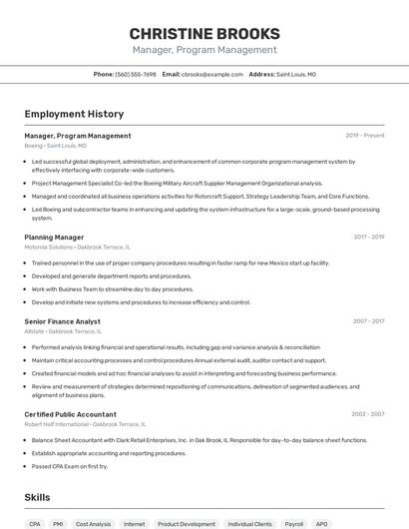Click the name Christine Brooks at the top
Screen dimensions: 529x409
(204, 33)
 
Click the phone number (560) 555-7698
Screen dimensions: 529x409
(136, 74)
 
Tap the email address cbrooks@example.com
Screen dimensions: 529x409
(211, 74)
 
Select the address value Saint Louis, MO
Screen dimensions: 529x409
(296, 74)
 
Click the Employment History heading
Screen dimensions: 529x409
(67, 115)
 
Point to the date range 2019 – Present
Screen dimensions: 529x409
(365, 136)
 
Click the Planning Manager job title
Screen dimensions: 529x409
(54, 238)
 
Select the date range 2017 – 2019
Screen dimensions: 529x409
(369, 238)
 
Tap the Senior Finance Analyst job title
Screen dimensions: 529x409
(62, 321)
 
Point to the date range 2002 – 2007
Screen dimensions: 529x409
(368, 414)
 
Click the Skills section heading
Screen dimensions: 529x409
(37, 497)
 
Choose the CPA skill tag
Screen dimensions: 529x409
(35, 523)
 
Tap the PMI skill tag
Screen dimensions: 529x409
(59, 523)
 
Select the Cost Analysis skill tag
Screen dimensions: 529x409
(94, 523)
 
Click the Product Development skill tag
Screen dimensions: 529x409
(186, 523)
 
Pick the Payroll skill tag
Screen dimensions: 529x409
(294, 523)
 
